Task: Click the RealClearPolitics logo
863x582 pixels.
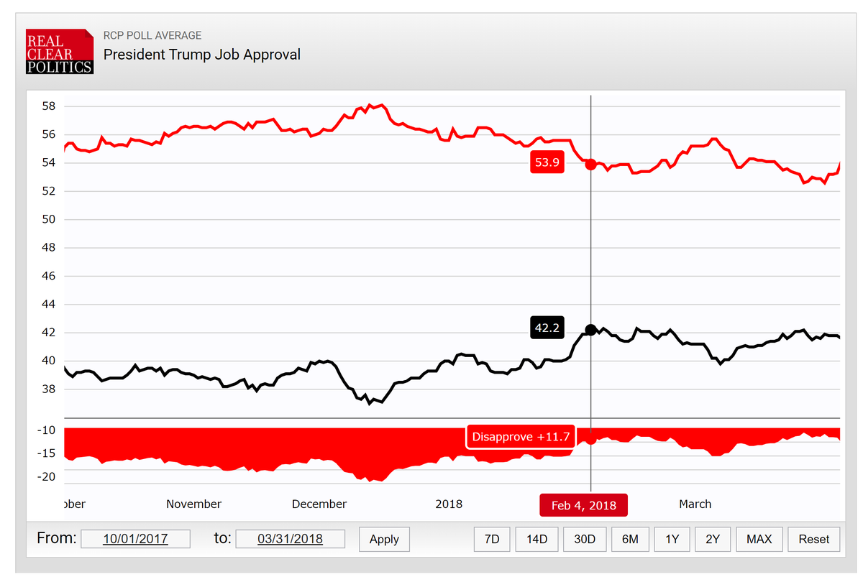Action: (x=60, y=51)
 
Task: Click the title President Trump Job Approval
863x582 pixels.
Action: (x=202, y=55)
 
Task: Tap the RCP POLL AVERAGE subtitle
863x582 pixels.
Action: (x=152, y=35)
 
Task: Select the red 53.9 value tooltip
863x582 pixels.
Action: (x=547, y=162)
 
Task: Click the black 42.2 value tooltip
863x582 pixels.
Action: (x=547, y=328)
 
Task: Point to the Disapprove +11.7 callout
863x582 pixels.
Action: (x=521, y=437)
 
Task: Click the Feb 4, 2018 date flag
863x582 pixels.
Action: (x=584, y=505)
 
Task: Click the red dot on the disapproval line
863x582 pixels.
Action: (x=590, y=165)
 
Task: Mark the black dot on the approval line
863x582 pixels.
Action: (x=590, y=330)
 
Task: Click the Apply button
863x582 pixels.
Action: (x=384, y=540)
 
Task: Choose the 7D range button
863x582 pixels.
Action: (x=492, y=540)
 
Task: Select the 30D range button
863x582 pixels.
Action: (x=585, y=540)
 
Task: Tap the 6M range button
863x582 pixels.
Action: (x=630, y=540)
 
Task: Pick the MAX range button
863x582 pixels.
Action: (x=759, y=540)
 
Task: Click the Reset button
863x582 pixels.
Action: (x=814, y=540)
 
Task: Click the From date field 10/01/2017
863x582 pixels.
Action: (x=135, y=539)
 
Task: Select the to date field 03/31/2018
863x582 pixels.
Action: (x=290, y=539)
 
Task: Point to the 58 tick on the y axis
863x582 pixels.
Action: (x=49, y=106)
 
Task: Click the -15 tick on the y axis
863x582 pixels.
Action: (x=46, y=453)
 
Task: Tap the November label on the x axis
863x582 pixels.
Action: (x=193, y=504)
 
